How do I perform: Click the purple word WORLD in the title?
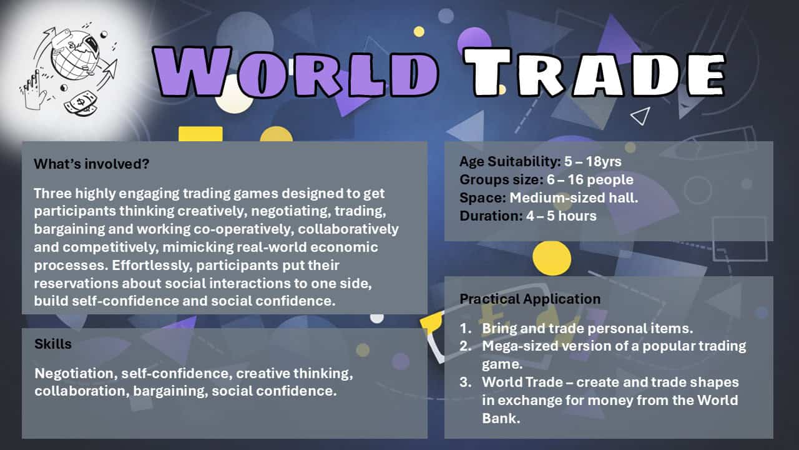(x=295, y=72)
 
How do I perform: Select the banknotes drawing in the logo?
(x=81, y=104)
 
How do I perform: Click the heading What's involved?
(x=92, y=164)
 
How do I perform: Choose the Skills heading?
(x=53, y=344)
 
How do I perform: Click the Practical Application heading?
(x=530, y=299)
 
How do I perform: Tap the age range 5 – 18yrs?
(x=592, y=161)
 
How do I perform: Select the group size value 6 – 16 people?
(x=590, y=179)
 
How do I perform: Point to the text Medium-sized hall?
(x=574, y=198)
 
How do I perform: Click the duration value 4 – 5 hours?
(x=561, y=216)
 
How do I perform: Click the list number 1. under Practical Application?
(x=466, y=329)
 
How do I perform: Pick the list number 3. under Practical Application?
(x=466, y=382)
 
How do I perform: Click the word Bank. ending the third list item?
(x=501, y=418)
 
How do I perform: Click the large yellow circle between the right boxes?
(x=551, y=258)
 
